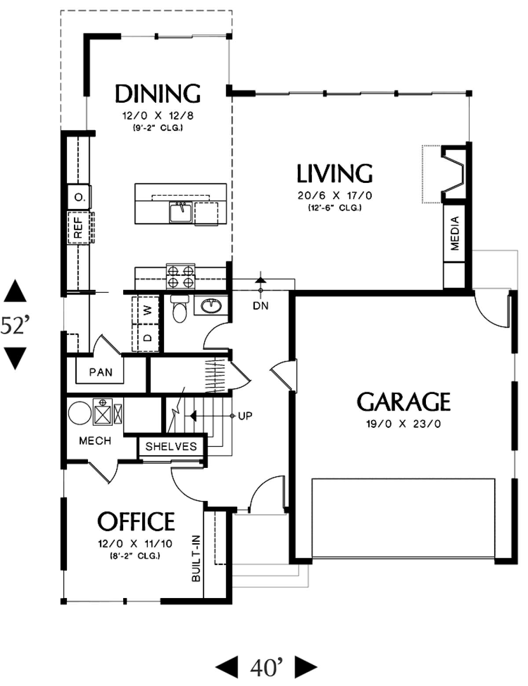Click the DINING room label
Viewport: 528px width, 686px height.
[x=158, y=93]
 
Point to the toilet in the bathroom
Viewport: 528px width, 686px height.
[x=180, y=308]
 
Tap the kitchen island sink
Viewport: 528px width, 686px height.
[x=180, y=212]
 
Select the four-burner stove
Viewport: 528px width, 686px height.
[x=181, y=276]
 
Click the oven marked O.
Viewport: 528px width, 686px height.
[x=79, y=197]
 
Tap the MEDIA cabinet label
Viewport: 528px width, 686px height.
[x=455, y=234]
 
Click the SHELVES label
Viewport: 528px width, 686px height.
[x=171, y=446]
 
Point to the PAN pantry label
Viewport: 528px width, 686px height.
[x=101, y=372]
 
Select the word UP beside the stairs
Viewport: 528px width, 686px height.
[x=245, y=416]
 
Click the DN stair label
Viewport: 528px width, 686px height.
[x=260, y=306]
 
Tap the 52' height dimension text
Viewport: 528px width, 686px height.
[x=15, y=325]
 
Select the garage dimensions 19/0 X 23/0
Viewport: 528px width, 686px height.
[x=403, y=423]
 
